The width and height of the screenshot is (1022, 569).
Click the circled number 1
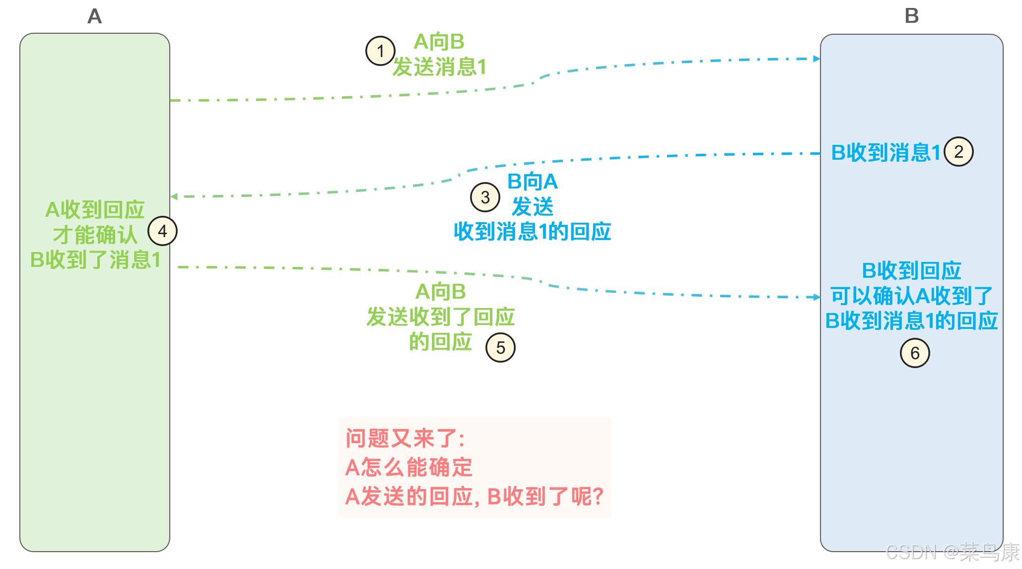tap(380, 51)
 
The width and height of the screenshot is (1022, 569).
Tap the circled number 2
tap(958, 152)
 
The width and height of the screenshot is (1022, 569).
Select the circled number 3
tap(485, 197)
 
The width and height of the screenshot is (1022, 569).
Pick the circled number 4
tap(162, 231)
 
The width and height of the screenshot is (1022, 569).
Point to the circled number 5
tap(500, 348)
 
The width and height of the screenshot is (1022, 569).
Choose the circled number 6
tap(915, 353)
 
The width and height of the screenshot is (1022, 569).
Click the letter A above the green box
tap(94, 16)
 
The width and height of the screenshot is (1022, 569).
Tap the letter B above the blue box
tap(911, 16)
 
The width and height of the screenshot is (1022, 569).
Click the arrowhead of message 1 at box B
tap(817, 59)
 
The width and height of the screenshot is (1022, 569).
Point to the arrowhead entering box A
tap(174, 196)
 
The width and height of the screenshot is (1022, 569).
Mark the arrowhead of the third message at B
tap(817, 297)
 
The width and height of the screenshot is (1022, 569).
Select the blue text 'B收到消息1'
tap(886, 152)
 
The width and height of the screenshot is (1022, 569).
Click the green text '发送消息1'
tap(439, 67)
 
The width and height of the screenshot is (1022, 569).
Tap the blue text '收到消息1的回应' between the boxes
tap(532, 232)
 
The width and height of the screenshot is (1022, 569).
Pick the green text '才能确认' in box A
tap(95, 235)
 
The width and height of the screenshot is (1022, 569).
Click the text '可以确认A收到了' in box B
tap(911, 296)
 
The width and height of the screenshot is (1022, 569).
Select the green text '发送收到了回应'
tap(440, 317)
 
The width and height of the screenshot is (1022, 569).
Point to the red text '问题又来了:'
tap(405, 439)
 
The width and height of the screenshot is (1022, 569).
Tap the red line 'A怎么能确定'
tap(409, 467)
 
